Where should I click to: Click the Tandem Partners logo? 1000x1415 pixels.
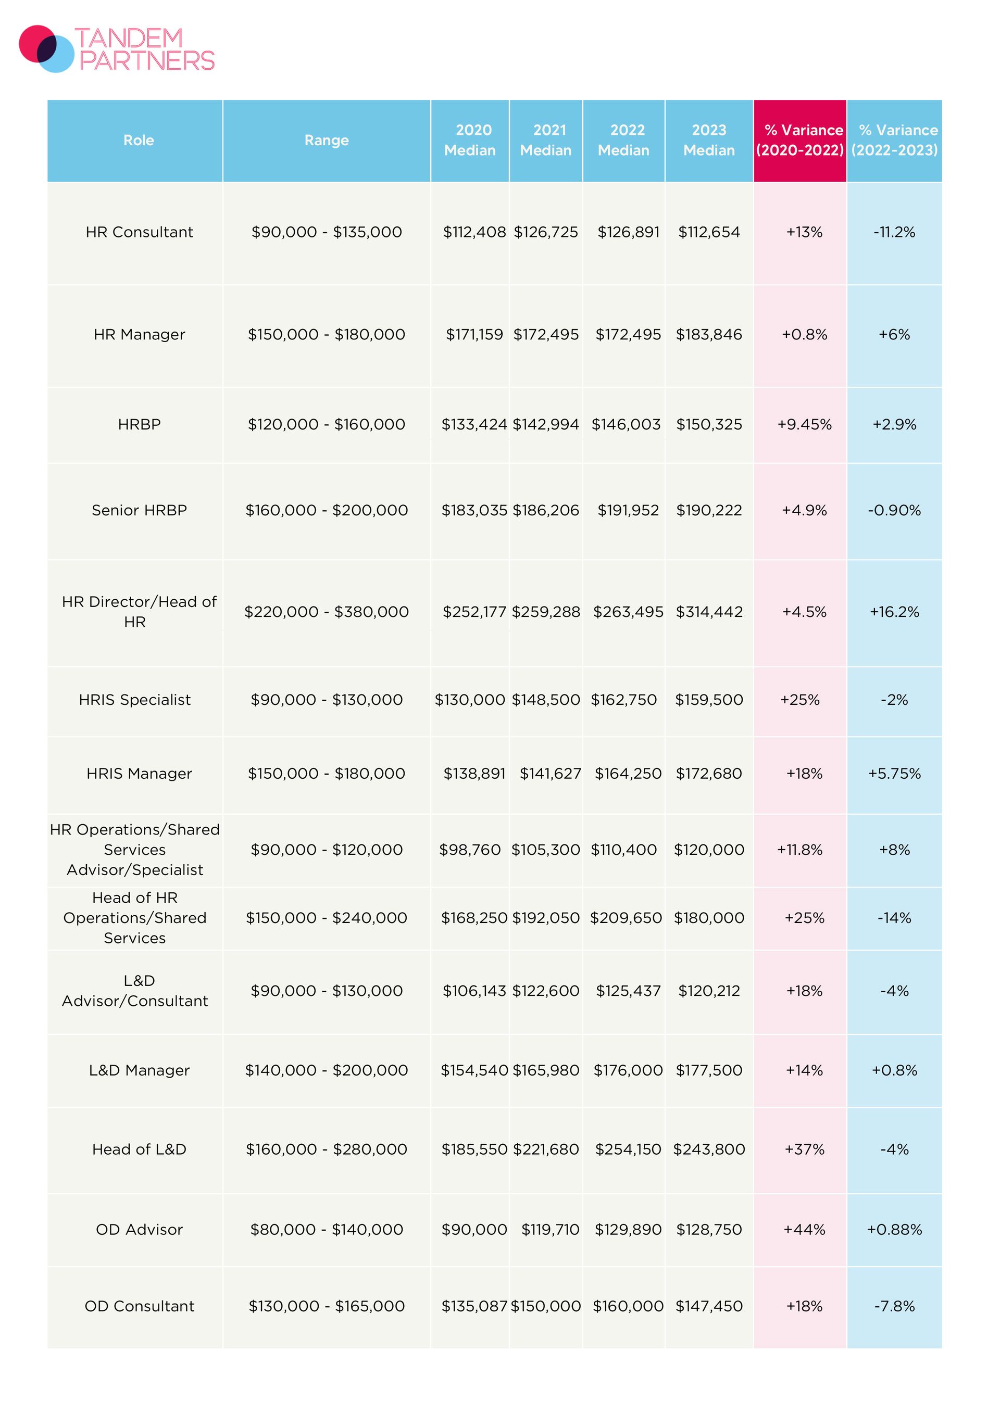tap(117, 49)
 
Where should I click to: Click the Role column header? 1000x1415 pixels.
tap(139, 141)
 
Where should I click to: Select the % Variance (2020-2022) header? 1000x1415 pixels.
tap(800, 140)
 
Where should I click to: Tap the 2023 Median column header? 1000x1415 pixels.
tap(709, 140)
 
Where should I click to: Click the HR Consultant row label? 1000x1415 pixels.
tap(140, 232)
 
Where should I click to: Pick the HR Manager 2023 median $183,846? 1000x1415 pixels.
tap(709, 335)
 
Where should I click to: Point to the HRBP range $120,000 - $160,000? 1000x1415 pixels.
tap(327, 425)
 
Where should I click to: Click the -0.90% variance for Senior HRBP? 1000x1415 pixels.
tap(894, 510)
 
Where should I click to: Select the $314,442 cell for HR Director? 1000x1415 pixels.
tap(709, 612)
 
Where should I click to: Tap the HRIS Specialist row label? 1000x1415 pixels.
tap(135, 700)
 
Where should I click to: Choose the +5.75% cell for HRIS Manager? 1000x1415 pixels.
tap(894, 774)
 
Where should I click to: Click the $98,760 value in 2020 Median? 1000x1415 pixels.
tap(470, 850)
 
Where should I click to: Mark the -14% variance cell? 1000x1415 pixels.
tap(894, 918)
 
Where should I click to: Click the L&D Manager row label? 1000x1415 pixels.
tap(140, 1070)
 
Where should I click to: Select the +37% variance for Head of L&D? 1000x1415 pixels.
tap(805, 1149)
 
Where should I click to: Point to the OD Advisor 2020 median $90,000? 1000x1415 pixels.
tap(474, 1230)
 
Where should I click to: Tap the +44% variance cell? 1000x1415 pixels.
tap(805, 1230)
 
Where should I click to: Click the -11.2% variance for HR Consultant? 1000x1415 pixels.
tap(894, 232)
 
